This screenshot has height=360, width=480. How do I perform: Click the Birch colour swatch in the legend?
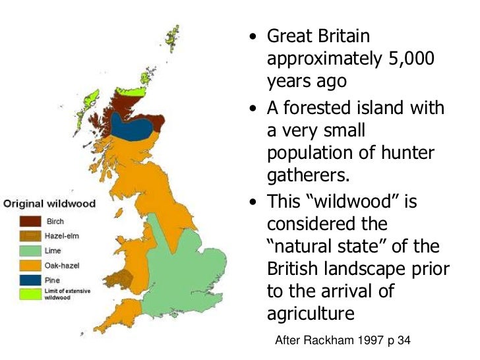click(x=30, y=222)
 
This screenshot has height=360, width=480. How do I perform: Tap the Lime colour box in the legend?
click(x=30, y=251)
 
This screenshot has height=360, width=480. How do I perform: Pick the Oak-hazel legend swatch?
click(x=30, y=265)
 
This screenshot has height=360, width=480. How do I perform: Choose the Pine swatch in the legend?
click(x=30, y=280)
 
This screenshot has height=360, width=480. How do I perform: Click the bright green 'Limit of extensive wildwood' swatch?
click(x=30, y=293)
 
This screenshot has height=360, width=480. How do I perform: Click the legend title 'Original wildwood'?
click(x=50, y=204)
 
